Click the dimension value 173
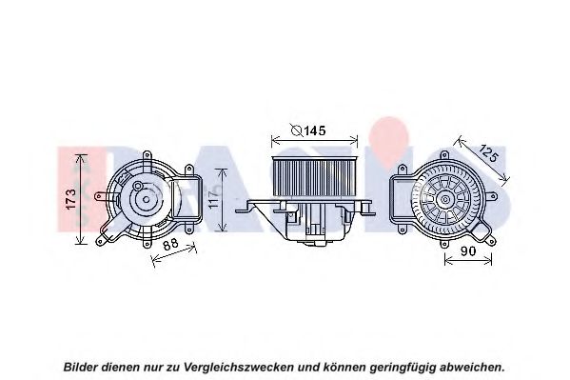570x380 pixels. (x=70, y=199)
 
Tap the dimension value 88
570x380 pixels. (x=170, y=244)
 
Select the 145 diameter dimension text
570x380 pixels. (x=308, y=130)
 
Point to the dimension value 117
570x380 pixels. (x=214, y=199)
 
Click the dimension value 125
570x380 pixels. (x=488, y=153)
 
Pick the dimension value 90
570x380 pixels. (x=468, y=250)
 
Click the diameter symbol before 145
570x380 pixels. (x=297, y=130)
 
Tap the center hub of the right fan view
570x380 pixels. (x=445, y=199)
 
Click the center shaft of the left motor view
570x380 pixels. (x=147, y=199)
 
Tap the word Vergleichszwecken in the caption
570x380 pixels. (x=239, y=367)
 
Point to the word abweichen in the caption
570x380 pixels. (x=472, y=367)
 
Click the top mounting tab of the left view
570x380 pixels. (x=147, y=156)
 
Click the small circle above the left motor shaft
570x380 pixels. (x=138, y=187)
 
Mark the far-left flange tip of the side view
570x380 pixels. (x=236, y=210)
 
